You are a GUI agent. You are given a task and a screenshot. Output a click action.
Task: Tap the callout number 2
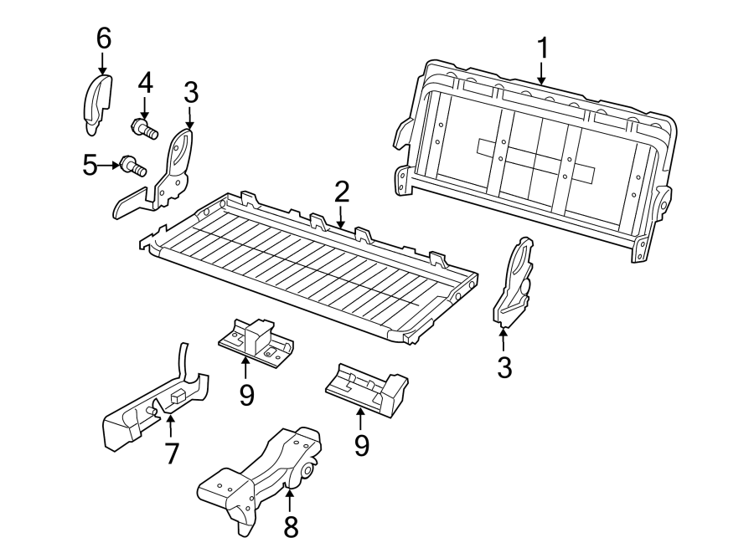coord(341,192)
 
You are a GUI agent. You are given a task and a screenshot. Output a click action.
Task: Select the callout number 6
coord(103,38)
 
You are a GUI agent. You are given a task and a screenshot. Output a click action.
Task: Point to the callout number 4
coord(145,83)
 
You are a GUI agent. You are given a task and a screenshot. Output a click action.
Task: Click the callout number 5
coord(90,165)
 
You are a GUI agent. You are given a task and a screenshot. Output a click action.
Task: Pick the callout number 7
coord(172,453)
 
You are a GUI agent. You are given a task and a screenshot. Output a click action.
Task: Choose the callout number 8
coord(290,526)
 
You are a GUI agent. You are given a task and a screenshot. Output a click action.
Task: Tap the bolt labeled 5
coord(132,165)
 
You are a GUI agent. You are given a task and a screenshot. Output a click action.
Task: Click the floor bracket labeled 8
coord(260,477)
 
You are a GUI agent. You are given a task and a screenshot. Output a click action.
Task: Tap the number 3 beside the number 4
coord(190,92)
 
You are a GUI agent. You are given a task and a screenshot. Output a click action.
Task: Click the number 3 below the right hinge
coord(504,366)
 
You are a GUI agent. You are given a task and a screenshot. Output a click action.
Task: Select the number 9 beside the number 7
coord(246,394)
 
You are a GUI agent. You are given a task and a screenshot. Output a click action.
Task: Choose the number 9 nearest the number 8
coord(361,444)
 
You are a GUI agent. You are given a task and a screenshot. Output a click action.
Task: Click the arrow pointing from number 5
coord(109,166)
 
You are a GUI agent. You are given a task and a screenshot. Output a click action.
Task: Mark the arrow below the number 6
coord(103,62)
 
